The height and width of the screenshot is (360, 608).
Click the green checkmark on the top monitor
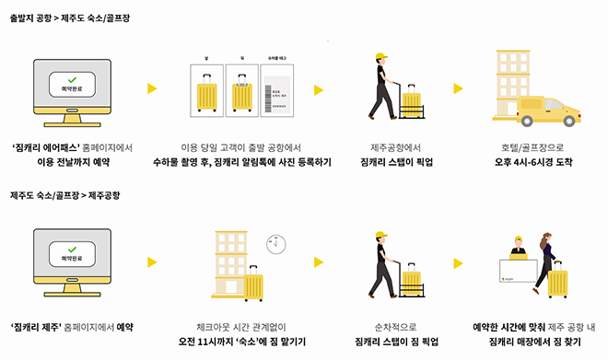coord(72,81)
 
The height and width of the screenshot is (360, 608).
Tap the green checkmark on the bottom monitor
coord(72,247)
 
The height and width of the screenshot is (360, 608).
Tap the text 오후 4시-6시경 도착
coord(535,161)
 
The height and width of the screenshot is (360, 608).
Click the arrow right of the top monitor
coord(153,89)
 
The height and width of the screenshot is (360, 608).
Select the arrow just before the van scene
coord(459,89)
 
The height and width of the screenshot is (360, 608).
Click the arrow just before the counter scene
coord(458,261)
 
